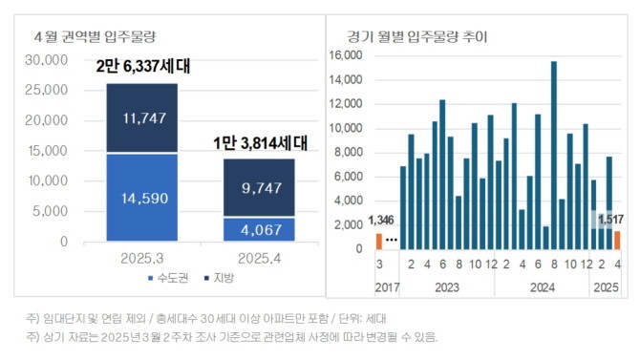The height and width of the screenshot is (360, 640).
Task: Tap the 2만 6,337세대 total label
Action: (142, 68)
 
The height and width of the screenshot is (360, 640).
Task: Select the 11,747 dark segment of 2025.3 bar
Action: (141, 117)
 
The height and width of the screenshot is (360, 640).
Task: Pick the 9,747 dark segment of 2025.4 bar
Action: (259, 188)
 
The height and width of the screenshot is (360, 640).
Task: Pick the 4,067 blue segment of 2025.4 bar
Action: (259, 229)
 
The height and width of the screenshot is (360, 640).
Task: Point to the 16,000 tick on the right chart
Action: (346, 55)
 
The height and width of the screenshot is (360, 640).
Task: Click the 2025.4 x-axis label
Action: (259, 258)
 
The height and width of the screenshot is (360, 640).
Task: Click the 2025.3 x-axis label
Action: (141, 258)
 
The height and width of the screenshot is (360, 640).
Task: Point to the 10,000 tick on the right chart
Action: (346, 128)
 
